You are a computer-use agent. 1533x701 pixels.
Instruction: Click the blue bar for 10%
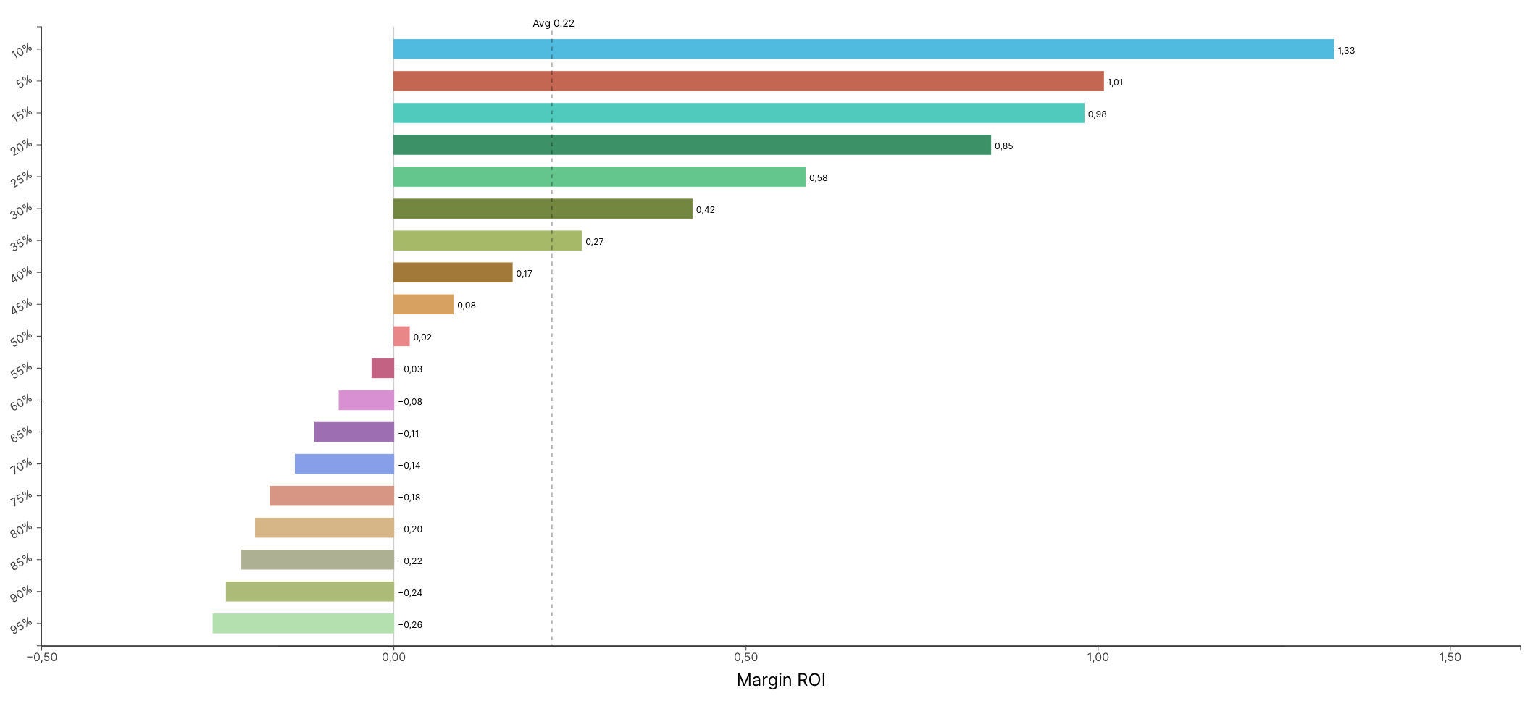click(863, 49)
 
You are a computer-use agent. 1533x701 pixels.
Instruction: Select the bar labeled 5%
click(748, 81)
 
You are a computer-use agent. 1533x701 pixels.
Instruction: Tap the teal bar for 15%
click(738, 113)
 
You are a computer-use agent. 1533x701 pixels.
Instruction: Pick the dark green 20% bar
click(692, 145)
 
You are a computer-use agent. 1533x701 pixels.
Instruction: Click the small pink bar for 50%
click(401, 336)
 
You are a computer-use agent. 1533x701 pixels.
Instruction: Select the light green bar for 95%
click(303, 624)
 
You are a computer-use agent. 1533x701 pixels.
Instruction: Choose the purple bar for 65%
click(354, 432)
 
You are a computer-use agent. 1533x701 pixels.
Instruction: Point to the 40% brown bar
click(453, 272)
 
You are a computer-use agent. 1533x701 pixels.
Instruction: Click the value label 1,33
click(1346, 51)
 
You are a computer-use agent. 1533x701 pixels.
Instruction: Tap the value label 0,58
click(818, 178)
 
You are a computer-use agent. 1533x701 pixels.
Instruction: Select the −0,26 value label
click(410, 625)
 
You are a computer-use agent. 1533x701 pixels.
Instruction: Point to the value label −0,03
click(410, 369)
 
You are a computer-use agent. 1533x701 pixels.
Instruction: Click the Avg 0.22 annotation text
click(554, 23)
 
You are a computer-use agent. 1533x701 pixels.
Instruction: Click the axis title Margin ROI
click(781, 680)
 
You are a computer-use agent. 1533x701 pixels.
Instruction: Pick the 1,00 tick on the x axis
click(1098, 658)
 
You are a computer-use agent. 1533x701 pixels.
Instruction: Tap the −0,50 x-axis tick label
click(42, 658)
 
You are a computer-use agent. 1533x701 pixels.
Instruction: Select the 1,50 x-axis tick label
click(1450, 658)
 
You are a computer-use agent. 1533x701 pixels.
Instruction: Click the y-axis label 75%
click(22, 498)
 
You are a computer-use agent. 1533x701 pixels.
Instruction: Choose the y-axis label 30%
click(22, 211)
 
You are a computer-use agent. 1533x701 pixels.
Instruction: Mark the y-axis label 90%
click(22, 594)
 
